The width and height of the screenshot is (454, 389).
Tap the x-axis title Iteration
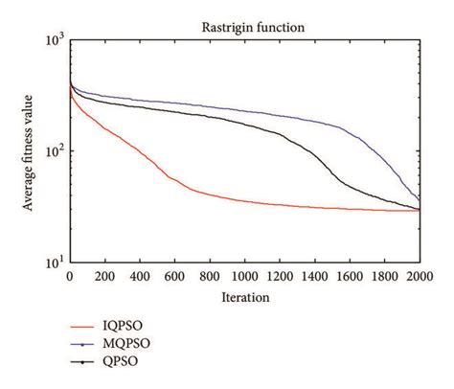pyautogui.click(x=243, y=298)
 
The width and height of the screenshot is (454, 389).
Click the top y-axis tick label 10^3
pyautogui.click(x=54, y=39)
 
